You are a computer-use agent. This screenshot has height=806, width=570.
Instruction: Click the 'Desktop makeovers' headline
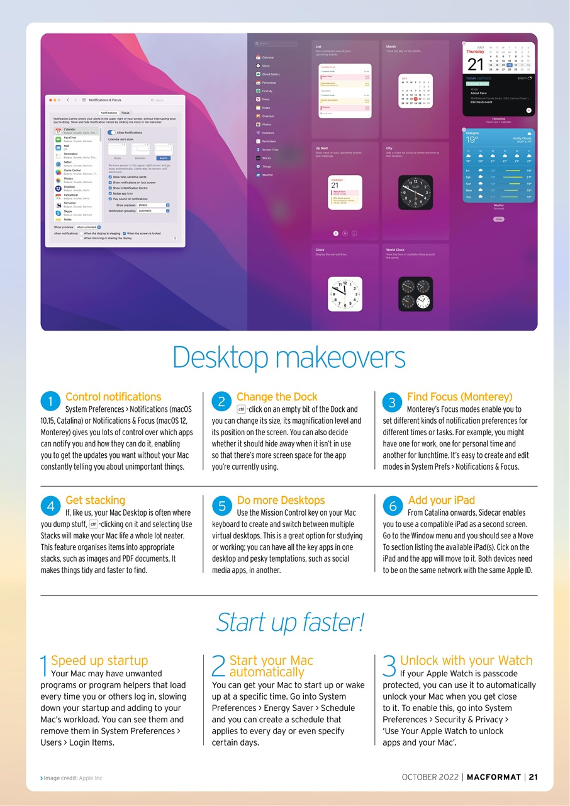[x=289, y=358]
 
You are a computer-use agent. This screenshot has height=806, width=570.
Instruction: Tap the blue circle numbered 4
[x=50, y=506]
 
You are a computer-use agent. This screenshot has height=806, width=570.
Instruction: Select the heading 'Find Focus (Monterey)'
[x=459, y=397]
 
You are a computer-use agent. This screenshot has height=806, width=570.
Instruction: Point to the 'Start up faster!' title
[x=289, y=623]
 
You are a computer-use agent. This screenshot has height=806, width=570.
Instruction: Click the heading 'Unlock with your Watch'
[x=466, y=661]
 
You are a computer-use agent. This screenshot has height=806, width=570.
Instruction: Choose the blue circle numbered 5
[x=221, y=506]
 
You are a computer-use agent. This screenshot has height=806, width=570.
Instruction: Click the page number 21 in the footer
[x=533, y=776]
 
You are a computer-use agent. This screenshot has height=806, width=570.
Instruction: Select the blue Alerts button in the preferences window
[x=163, y=158]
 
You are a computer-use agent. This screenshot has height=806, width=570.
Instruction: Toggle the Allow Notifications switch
[x=111, y=132]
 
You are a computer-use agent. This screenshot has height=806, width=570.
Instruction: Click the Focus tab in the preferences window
[x=126, y=113]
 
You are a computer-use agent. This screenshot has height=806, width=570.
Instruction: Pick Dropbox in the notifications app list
[x=69, y=187]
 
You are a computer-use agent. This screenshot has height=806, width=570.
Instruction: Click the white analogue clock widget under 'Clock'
[x=345, y=294]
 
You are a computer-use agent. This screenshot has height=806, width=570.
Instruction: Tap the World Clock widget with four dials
[x=415, y=294]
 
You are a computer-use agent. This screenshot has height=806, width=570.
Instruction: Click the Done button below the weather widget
[x=498, y=219]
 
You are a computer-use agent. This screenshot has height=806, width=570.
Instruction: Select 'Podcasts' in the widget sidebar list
[x=268, y=133]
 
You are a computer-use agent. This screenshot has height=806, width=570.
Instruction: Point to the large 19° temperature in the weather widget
[x=471, y=139]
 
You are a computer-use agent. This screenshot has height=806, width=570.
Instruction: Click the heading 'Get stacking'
[x=95, y=500]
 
